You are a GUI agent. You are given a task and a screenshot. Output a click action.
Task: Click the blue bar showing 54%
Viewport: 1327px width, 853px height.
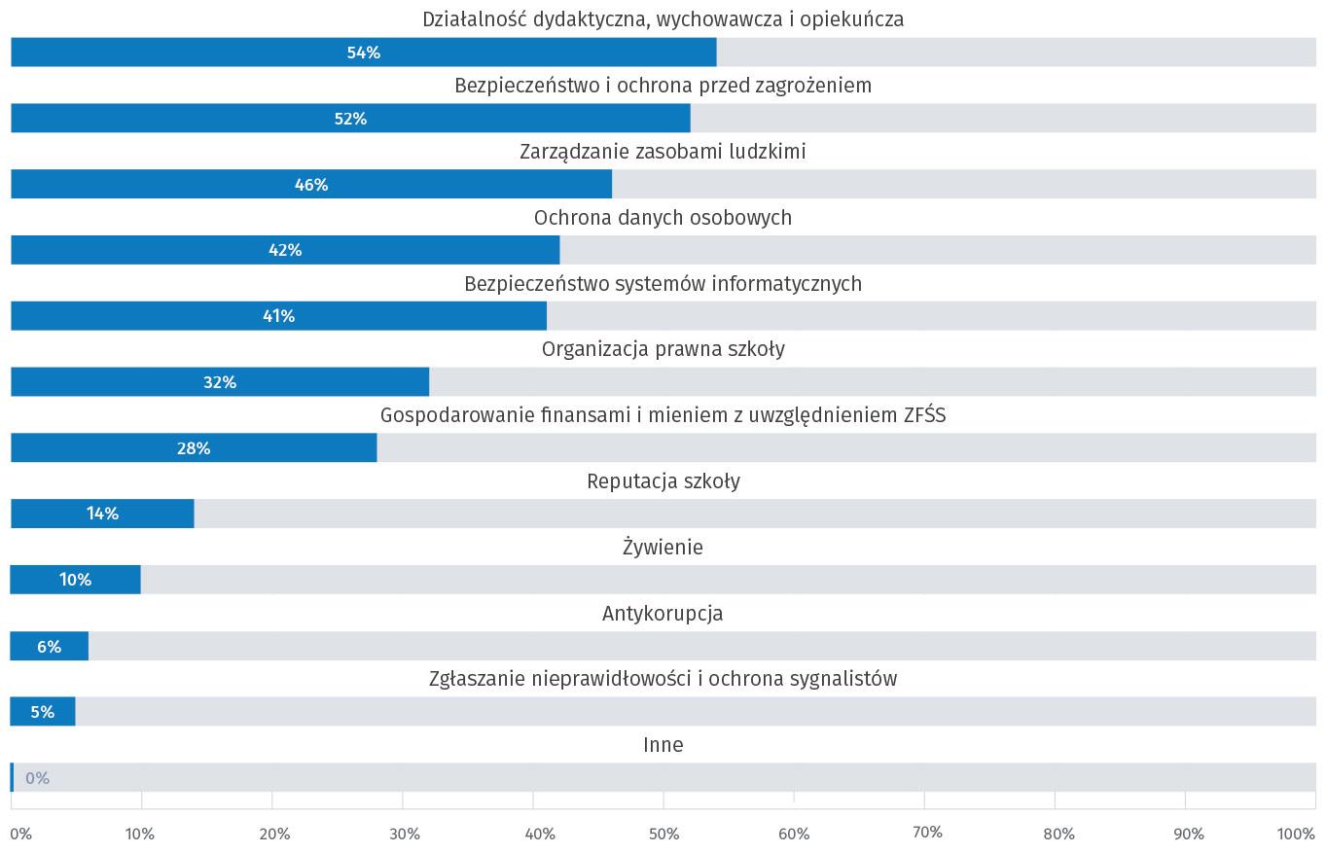click(363, 53)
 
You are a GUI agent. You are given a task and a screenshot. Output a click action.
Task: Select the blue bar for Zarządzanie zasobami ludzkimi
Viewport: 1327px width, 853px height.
click(311, 184)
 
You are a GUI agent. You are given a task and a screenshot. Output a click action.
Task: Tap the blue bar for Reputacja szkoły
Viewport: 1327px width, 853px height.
click(102, 514)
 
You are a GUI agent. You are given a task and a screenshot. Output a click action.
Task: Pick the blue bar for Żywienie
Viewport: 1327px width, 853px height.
click(75, 580)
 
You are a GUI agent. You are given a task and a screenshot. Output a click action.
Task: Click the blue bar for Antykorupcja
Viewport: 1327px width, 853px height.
click(49, 646)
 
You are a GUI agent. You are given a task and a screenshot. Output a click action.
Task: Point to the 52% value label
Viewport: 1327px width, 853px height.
click(350, 119)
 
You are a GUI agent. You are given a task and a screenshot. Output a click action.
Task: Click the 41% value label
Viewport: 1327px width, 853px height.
click(278, 316)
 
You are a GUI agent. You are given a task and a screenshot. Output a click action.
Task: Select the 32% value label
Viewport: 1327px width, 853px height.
click(220, 382)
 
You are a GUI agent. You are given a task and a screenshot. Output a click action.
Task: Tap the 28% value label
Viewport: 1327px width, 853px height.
click(194, 448)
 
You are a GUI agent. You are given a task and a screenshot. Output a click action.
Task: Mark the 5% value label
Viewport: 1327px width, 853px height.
click(42, 712)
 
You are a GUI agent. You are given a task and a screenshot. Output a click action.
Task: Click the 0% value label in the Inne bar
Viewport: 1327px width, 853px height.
click(37, 778)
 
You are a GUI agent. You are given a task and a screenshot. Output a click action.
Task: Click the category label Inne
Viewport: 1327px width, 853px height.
click(663, 745)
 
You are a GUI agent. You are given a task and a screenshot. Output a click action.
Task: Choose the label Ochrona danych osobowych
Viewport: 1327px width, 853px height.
click(663, 218)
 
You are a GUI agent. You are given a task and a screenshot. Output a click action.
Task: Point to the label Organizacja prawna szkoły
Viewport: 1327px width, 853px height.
click(663, 349)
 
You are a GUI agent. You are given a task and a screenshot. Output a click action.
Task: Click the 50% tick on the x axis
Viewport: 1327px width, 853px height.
click(663, 834)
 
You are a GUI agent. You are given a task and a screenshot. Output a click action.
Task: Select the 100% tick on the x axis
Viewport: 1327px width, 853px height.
click(1296, 834)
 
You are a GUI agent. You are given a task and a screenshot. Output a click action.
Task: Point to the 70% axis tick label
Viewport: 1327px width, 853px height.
click(927, 833)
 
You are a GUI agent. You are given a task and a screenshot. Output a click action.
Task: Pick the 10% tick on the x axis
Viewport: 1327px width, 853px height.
click(140, 834)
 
